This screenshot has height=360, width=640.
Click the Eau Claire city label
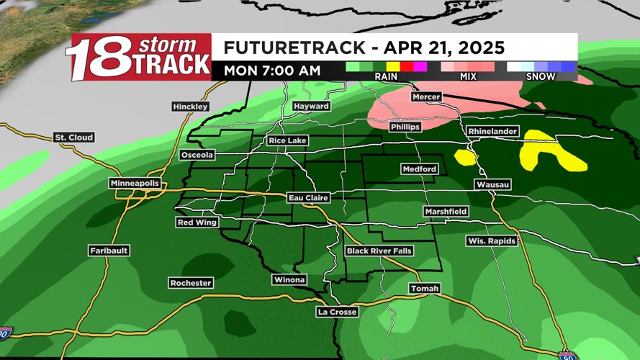308,198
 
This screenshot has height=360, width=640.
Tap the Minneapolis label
135,184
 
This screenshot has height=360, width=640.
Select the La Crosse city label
337,312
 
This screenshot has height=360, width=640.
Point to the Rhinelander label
492,132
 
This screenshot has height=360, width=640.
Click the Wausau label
492,185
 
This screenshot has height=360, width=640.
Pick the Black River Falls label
379,251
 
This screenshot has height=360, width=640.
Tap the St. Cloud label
74,138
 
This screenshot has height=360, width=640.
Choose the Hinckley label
190,107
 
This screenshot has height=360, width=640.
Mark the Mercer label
426,96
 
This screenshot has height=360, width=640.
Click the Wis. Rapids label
491,241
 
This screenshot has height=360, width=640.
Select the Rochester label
191,283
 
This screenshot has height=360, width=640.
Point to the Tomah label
424,289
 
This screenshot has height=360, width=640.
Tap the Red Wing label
197,223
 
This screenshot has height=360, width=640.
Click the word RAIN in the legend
386,76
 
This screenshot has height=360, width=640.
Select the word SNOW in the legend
541,76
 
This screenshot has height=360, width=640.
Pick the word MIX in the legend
468,76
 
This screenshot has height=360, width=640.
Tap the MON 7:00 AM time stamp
271,71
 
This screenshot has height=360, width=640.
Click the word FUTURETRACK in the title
294,48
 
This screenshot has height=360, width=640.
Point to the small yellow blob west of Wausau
464,157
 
